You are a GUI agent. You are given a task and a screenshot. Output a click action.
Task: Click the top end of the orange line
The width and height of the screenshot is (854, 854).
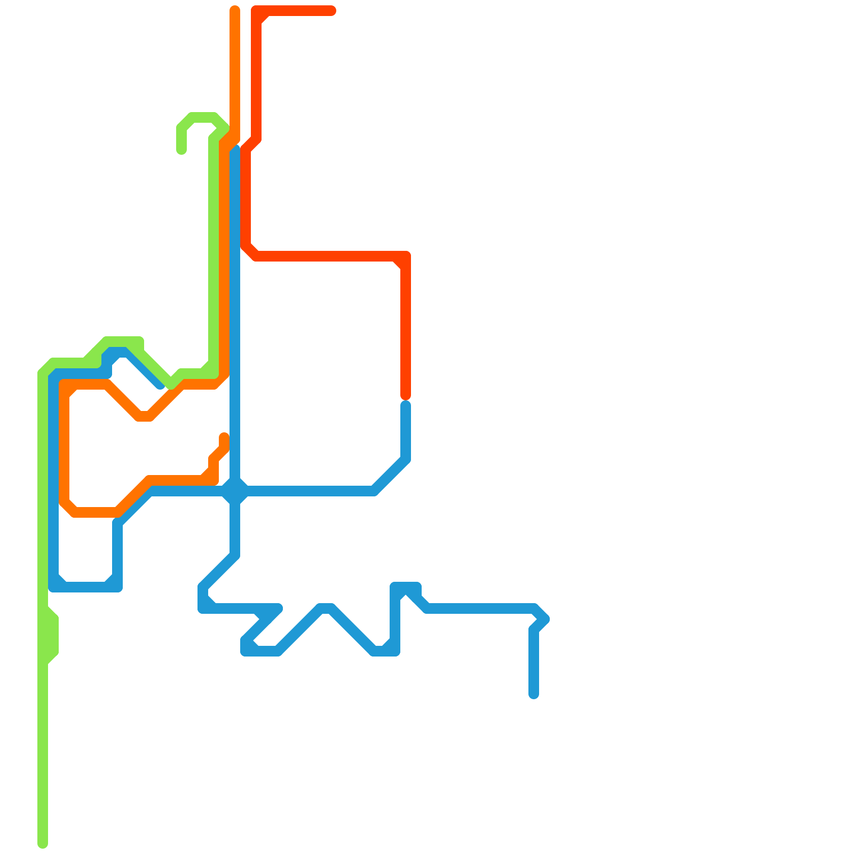click(235, 10)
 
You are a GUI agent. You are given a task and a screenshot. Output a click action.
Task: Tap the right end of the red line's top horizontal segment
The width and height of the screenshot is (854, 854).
click(331, 11)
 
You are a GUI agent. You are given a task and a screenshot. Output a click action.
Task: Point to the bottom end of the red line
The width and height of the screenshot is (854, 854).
click(406, 396)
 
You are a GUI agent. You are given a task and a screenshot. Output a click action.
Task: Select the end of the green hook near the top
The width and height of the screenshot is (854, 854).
click(181, 150)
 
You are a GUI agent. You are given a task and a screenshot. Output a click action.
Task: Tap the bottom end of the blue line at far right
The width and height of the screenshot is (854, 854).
click(534, 694)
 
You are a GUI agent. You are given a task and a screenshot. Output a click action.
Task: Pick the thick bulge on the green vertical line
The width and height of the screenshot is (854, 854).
click(49, 635)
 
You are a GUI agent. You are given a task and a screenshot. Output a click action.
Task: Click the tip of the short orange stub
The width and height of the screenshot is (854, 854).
click(224, 437)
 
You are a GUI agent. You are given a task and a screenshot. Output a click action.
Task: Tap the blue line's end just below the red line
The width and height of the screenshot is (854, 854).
click(406, 406)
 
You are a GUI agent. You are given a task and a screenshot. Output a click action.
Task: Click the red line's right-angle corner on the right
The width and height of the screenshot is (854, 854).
click(406, 256)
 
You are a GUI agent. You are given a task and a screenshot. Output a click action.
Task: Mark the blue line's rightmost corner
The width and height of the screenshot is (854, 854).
click(544, 619)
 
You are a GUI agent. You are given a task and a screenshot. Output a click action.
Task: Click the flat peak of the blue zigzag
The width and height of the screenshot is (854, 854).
click(326, 608)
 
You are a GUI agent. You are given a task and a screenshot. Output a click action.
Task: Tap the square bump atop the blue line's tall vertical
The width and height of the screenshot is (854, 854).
click(406, 587)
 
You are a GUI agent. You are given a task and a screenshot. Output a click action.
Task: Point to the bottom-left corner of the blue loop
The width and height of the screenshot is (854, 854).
click(53, 587)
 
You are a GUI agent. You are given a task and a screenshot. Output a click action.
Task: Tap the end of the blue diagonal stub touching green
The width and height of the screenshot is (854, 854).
click(160, 384)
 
